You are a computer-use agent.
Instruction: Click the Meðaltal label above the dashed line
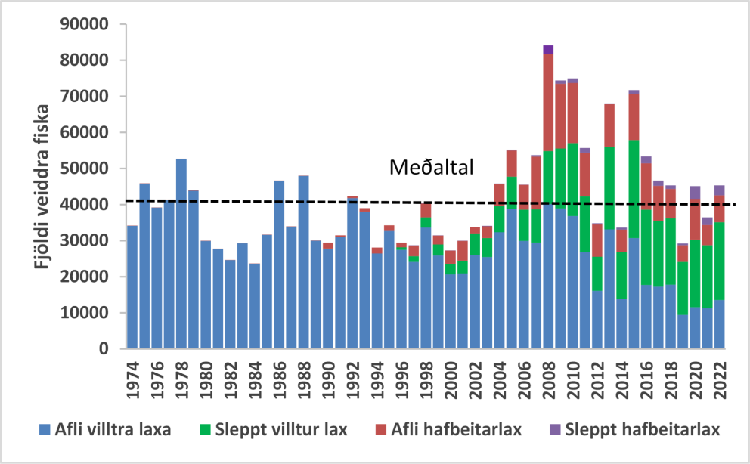coord(432,168)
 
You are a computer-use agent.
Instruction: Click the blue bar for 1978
coord(181,253)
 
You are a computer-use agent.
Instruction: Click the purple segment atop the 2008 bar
coord(548,50)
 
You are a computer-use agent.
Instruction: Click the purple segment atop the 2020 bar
coord(695,193)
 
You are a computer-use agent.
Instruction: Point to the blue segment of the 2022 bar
coord(719,325)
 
